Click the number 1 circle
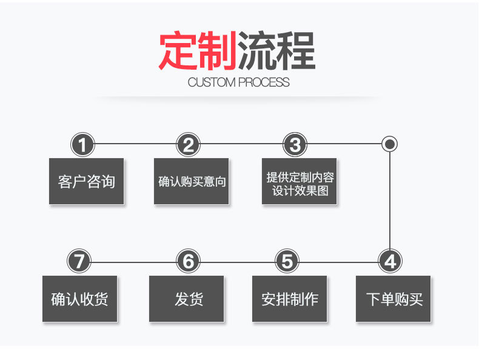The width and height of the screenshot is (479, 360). click(x=83, y=145)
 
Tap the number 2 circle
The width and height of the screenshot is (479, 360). click(x=189, y=145)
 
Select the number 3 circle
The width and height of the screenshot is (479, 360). click(x=295, y=145)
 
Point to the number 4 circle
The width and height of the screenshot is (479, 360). click(x=390, y=262)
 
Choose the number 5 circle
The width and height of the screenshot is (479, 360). click(x=287, y=262)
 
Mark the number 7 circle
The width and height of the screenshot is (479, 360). click(x=79, y=262)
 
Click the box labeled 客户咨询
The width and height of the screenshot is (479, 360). click(x=86, y=181)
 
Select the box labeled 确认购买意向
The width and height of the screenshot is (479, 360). click(x=192, y=181)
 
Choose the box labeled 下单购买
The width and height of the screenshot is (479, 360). click(x=394, y=299)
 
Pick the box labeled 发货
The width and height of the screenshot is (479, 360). click(x=187, y=299)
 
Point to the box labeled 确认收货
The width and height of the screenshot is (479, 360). click(x=79, y=299)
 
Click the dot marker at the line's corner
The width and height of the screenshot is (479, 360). click(x=390, y=144)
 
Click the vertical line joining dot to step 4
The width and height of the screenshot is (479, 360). click(x=390, y=200)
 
